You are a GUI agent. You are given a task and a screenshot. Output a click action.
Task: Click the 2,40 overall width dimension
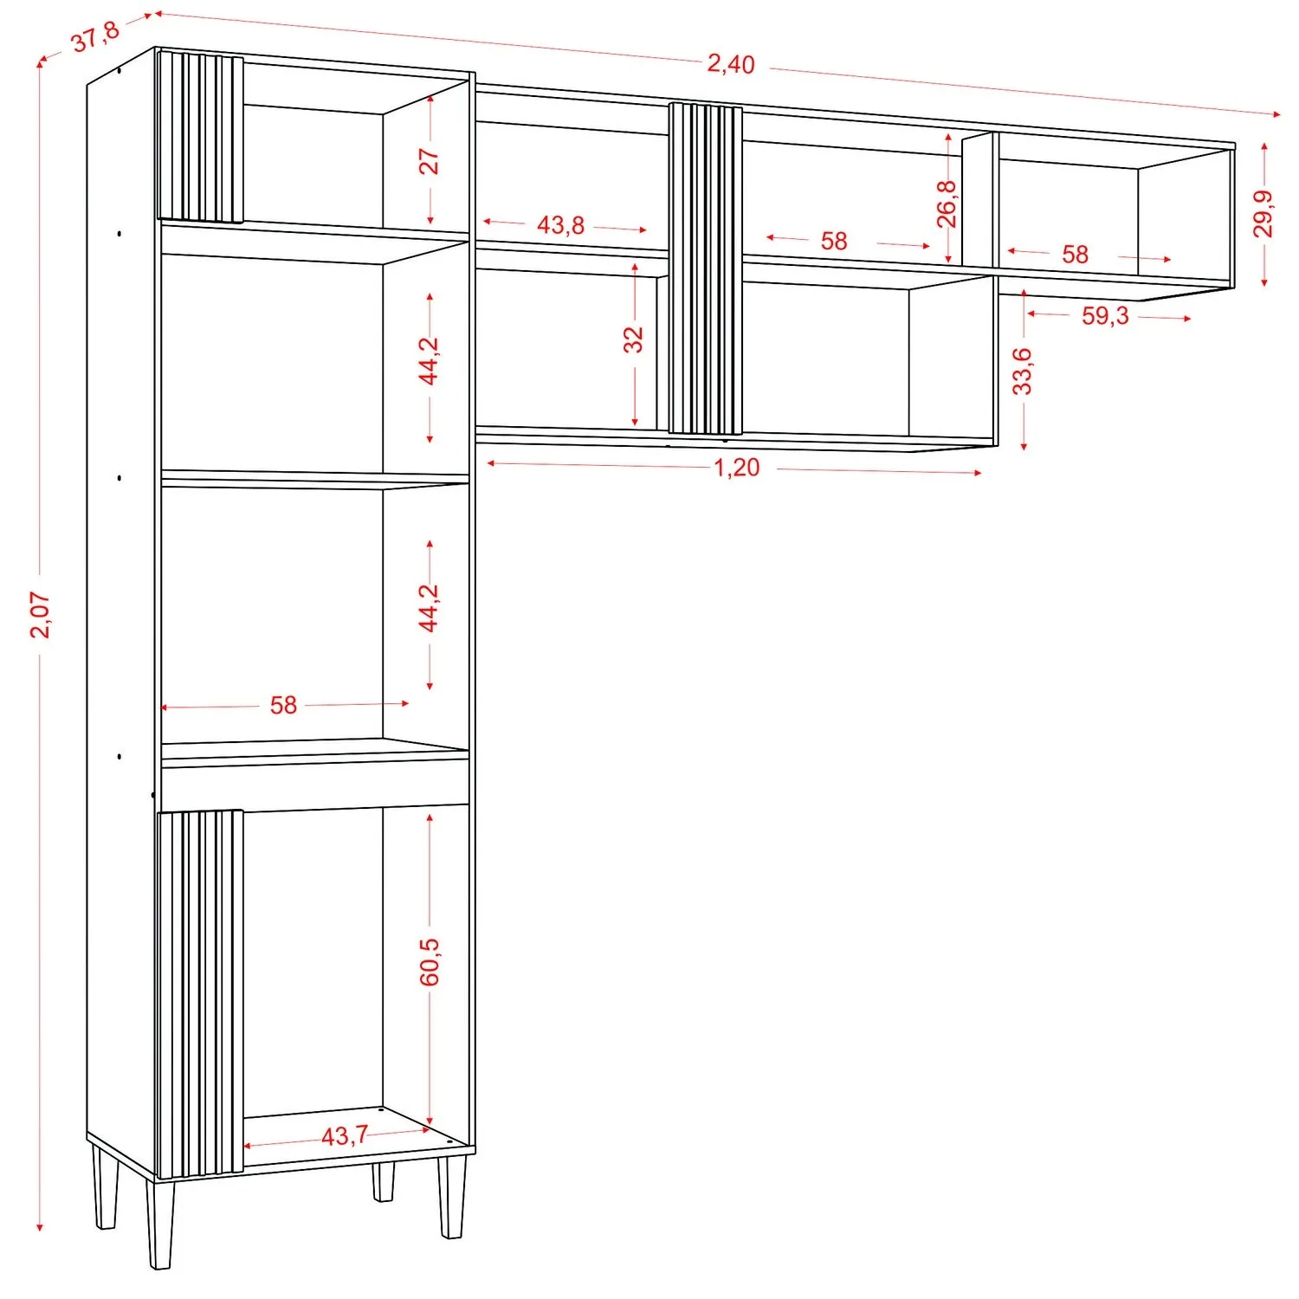[731, 63]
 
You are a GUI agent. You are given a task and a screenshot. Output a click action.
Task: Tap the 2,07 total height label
[41, 615]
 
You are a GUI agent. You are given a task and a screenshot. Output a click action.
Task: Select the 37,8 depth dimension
[95, 37]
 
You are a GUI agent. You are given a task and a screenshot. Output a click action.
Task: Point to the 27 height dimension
[430, 161]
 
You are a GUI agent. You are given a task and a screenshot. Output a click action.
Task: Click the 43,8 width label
[560, 225]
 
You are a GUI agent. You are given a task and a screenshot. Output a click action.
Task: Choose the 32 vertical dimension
[634, 339]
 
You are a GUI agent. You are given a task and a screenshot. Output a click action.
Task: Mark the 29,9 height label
[1263, 213]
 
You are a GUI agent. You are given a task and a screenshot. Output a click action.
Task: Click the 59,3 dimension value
[1105, 316]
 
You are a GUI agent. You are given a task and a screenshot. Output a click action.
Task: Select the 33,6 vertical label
[1023, 371]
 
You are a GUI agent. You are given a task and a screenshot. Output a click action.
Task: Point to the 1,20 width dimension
[736, 468]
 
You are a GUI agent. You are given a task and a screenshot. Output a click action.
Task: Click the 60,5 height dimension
[430, 961]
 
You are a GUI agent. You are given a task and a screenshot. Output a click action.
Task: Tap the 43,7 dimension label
[345, 1135]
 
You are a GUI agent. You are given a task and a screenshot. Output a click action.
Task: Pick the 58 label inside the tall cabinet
[283, 705]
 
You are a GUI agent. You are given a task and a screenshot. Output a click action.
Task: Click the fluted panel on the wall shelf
[706, 268]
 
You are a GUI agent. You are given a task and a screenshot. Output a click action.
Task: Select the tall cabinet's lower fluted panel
[200, 993]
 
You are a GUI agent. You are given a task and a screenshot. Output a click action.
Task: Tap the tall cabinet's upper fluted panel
[200, 137]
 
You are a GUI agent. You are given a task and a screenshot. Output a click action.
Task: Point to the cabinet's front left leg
[160, 1224]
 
